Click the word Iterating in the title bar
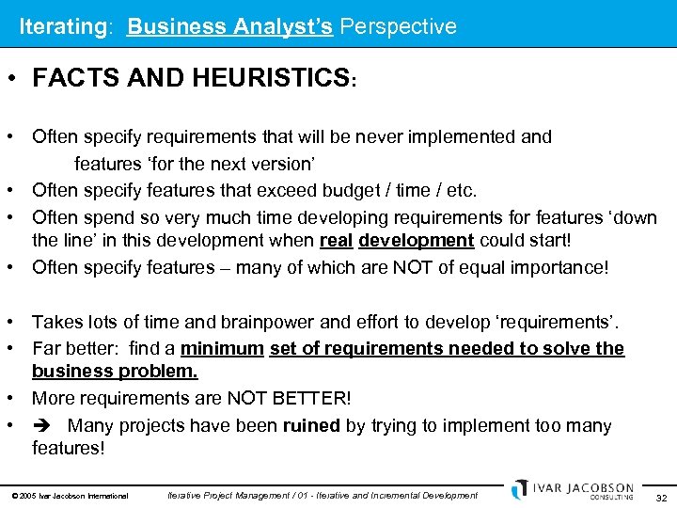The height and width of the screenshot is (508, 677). (62, 26)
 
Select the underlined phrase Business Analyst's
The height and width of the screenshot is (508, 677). (229, 26)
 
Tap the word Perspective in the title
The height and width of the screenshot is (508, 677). (398, 26)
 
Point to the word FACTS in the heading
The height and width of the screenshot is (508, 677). (71, 79)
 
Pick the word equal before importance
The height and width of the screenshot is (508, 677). (469, 268)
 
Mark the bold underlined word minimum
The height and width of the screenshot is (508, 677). (222, 349)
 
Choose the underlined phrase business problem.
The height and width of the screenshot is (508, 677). (115, 372)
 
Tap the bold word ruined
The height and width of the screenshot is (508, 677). (312, 426)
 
